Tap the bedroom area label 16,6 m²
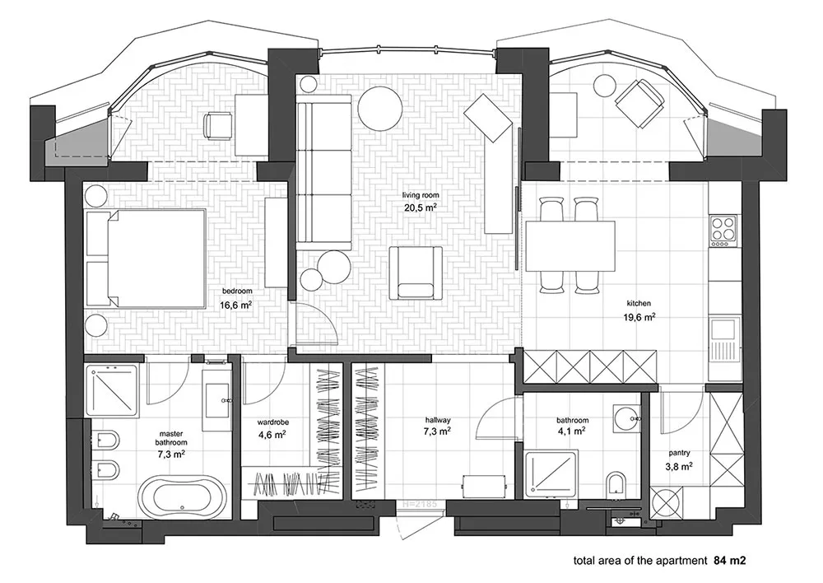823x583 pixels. pyautogui.click(x=236, y=304)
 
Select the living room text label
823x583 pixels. pyautogui.click(x=419, y=195)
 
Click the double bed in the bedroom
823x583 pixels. pyautogui.click(x=146, y=259)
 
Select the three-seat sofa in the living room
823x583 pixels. pyautogui.click(x=323, y=176)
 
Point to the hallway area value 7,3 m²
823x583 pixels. pyautogui.click(x=437, y=431)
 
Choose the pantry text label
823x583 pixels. pyautogui.click(x=679, y=453)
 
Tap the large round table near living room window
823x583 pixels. pyautogui.click(x=379, y=108)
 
